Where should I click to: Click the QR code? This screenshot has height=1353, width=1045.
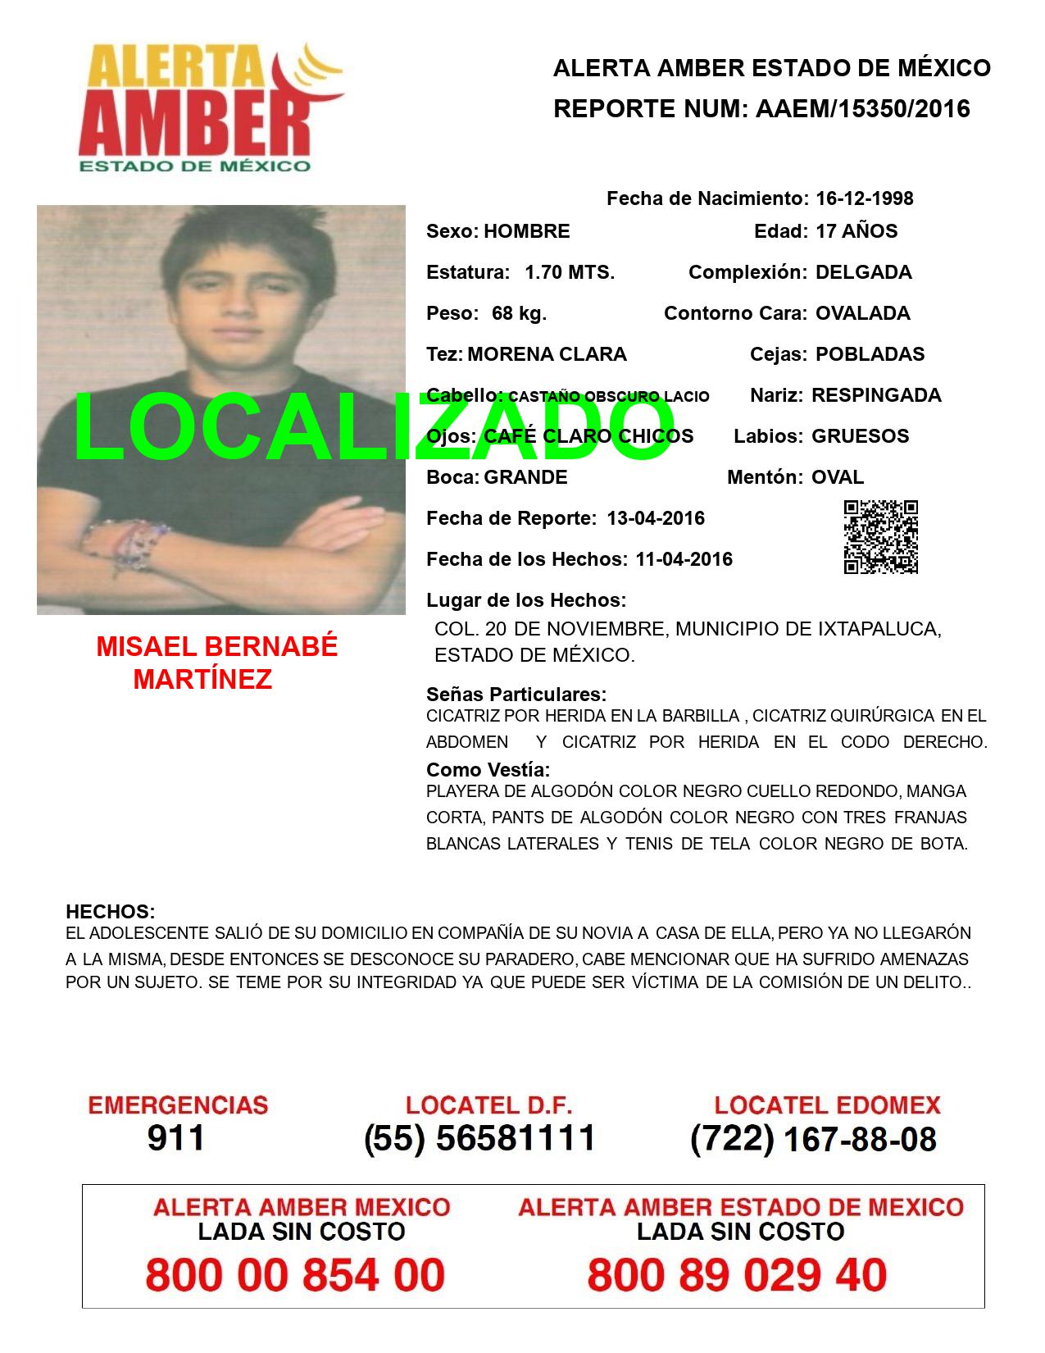(880, 537)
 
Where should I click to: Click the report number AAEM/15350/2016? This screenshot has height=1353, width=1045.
(858, 108)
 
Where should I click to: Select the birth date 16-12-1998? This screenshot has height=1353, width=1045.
(864, 198)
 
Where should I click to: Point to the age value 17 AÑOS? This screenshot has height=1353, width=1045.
(856, 231)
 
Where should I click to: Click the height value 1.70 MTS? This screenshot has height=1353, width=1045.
(570, 272)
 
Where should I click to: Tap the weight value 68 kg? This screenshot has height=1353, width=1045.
(519, 313)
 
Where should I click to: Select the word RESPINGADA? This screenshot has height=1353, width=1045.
(876, 395)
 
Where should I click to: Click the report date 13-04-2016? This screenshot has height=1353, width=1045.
(656, 518)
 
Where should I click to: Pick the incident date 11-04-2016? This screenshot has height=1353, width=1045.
(684, 559)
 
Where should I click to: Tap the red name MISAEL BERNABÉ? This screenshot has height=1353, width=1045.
(217, 647)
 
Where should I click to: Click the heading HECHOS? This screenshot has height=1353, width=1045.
(110, 912)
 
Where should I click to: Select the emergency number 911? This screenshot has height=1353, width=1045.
(176, 1138)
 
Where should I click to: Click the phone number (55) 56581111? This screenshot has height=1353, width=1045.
(479, 1138)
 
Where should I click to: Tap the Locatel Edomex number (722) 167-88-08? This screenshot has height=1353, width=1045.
(813, 1139)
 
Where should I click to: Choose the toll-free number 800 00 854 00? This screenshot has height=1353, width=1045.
(295, 1275)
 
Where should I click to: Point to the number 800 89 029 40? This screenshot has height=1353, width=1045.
(737, 1275)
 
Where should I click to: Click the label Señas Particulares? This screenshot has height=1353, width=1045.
(516, 695)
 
